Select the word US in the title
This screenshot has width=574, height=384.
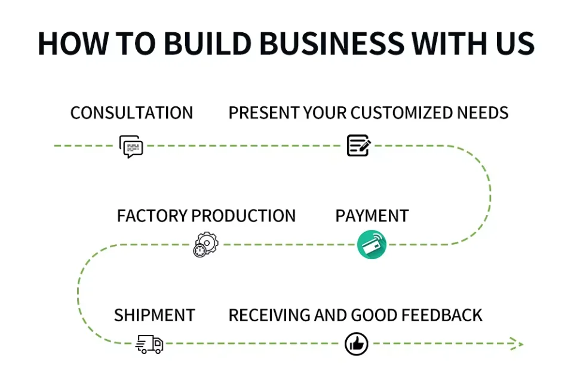pos(513,44)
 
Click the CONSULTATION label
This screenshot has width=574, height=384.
pos(131,113)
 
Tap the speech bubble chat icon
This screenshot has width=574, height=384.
pos(131,146)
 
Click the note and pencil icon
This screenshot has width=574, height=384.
pos(358,146)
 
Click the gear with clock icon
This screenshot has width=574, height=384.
pos(206,244)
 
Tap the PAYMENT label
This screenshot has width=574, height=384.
pos(372,216)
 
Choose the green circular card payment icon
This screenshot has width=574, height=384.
pos(372,245)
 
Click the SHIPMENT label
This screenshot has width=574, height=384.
pos(155,315)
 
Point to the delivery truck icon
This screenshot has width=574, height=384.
pos(149,344)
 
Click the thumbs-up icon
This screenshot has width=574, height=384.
pos(357,344)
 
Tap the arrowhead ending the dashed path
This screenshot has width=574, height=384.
pos(517,343)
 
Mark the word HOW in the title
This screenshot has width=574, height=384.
pos(67,44)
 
